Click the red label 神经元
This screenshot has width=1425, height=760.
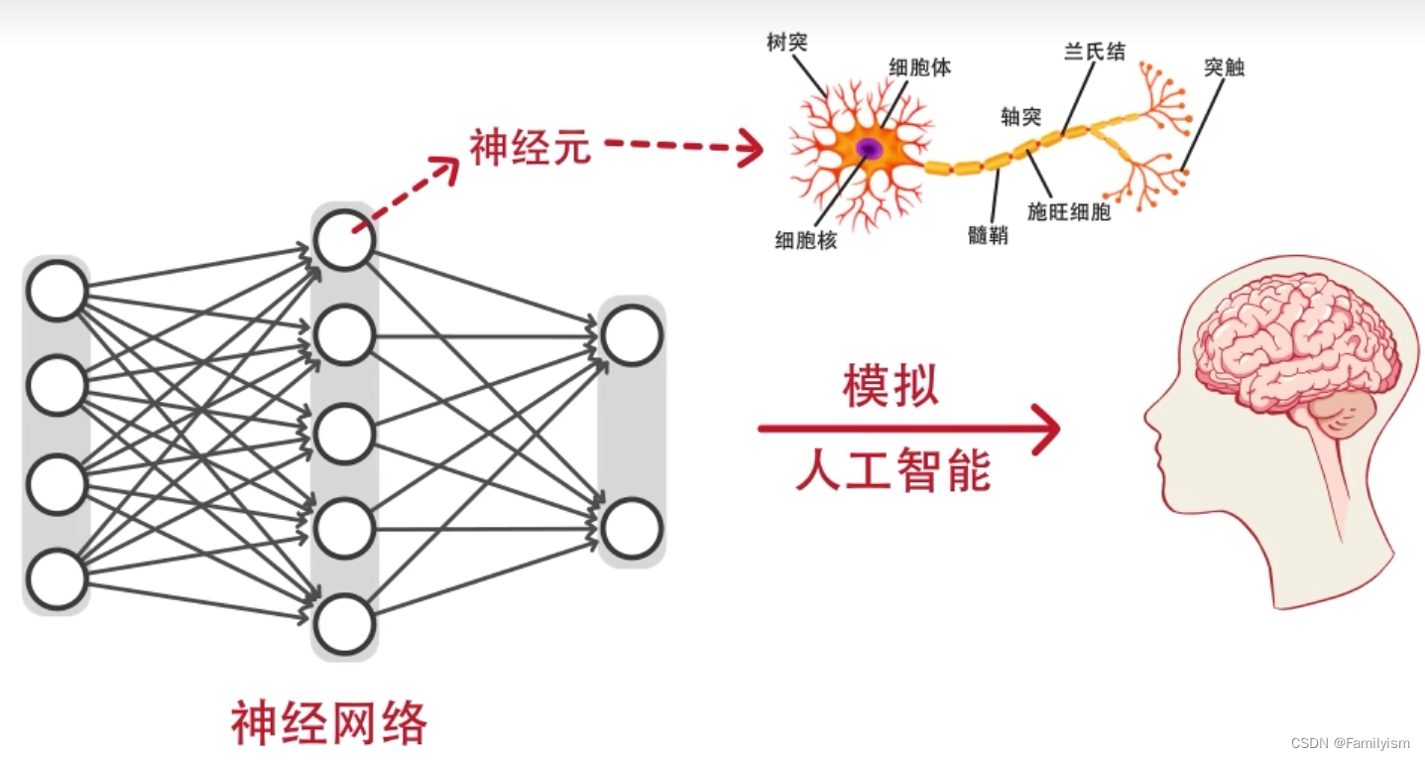coord(531,148)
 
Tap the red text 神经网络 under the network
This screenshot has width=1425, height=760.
coord(329,723)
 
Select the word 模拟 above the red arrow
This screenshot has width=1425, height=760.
coord(890,386)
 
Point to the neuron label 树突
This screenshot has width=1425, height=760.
coord(787,43)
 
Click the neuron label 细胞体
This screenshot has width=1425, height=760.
coord(919,67)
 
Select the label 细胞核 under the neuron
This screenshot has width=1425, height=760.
coord(805,240)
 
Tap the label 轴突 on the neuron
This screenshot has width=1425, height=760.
coord(1020,117)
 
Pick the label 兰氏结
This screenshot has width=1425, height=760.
coord(1095,52)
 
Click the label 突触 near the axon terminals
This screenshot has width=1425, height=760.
coord(1224,67)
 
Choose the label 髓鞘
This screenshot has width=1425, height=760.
coord(988,235)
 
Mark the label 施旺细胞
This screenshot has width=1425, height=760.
coord(1069,211)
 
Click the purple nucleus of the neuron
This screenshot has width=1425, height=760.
coord(870,149)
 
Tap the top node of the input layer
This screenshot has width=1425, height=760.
coord(57,291)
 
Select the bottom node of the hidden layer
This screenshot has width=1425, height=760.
coord(344,624)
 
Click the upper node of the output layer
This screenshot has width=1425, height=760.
coord(632,336)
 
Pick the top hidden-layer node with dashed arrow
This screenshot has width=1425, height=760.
coord(344,239)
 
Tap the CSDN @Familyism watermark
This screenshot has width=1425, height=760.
coord(1350,743)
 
